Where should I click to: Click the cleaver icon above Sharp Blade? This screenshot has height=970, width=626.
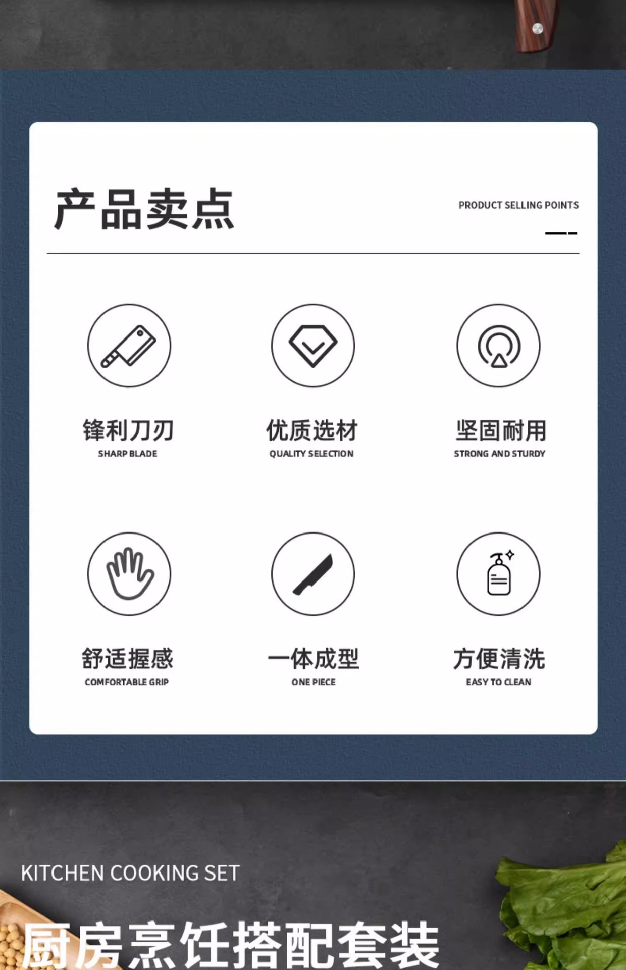pos(129,346)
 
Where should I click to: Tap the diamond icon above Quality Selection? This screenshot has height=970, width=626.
pos(313,346)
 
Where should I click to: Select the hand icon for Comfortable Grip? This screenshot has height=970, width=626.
pos(130,573)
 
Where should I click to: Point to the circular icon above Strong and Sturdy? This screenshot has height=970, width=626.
pos(499,346)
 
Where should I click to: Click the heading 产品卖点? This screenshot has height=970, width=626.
pos(144,209)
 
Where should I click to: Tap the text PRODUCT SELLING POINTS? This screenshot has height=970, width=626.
pos(518,205)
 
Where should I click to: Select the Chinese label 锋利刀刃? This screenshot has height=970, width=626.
pos(128,430)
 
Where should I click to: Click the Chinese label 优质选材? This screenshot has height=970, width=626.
pos(312,430)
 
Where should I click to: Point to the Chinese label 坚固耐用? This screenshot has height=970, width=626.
pos(501,430)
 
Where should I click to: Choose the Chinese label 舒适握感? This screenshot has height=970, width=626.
pos(128,659)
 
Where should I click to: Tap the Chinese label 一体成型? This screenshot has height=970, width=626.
pos(313,659)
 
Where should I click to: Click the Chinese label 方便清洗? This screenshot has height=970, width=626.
pos(499,659)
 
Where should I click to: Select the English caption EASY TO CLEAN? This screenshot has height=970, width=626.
pos(498,682)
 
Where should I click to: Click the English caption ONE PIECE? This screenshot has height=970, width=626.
pos(314,682)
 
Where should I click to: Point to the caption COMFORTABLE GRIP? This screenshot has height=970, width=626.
pos(127,682)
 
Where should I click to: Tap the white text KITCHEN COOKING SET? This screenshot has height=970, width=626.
pos(130,873)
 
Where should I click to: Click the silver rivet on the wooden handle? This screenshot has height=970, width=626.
pos(538,29)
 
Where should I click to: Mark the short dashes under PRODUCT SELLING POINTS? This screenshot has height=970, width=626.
pos(561,233)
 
